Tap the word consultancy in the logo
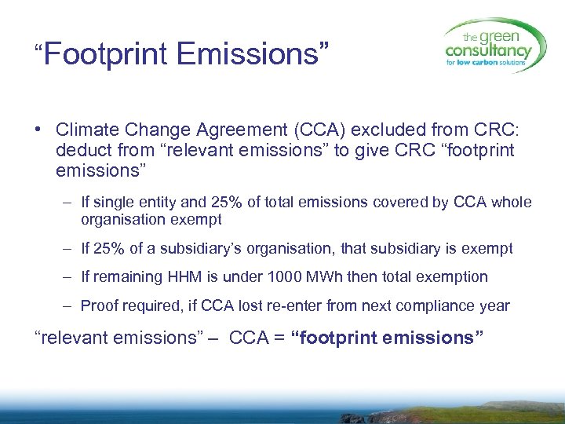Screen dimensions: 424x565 click(488, 49)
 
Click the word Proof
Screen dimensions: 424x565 click(100, 305)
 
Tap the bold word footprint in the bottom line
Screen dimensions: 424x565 click(334, 338)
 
